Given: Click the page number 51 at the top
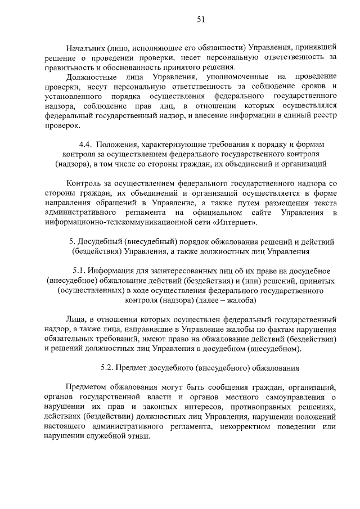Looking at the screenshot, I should point(201,20).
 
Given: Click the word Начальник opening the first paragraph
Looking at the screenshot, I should point(86,47).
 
